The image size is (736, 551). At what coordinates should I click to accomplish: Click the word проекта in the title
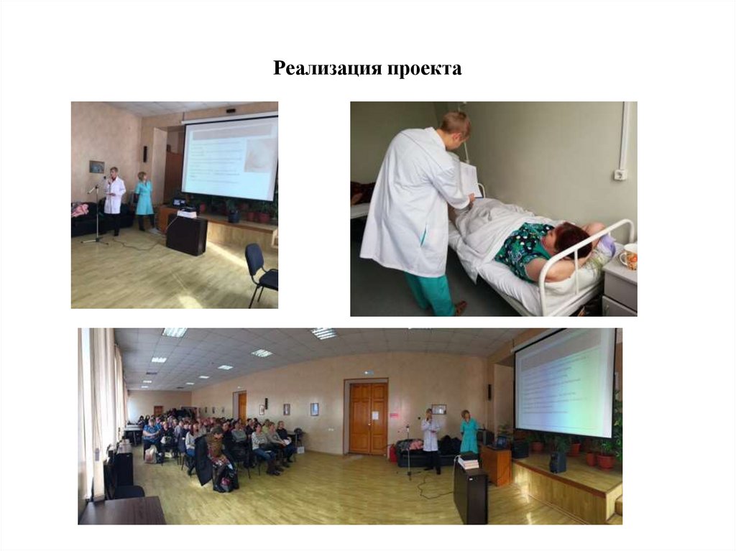[424, 69]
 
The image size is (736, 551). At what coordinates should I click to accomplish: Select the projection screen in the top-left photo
[230, 158]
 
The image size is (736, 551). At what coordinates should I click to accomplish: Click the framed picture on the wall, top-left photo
[96, 167]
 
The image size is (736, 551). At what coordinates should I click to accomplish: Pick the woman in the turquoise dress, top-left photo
[144, 200]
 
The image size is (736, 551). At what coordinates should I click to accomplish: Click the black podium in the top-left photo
[186, 235]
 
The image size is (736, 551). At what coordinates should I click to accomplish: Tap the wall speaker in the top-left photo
[144, 153]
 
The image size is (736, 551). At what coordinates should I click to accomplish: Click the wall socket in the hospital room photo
[620, 174]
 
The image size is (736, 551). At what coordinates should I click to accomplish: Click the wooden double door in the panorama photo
[368, 417]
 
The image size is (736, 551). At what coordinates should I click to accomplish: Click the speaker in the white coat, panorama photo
[431, 437]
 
